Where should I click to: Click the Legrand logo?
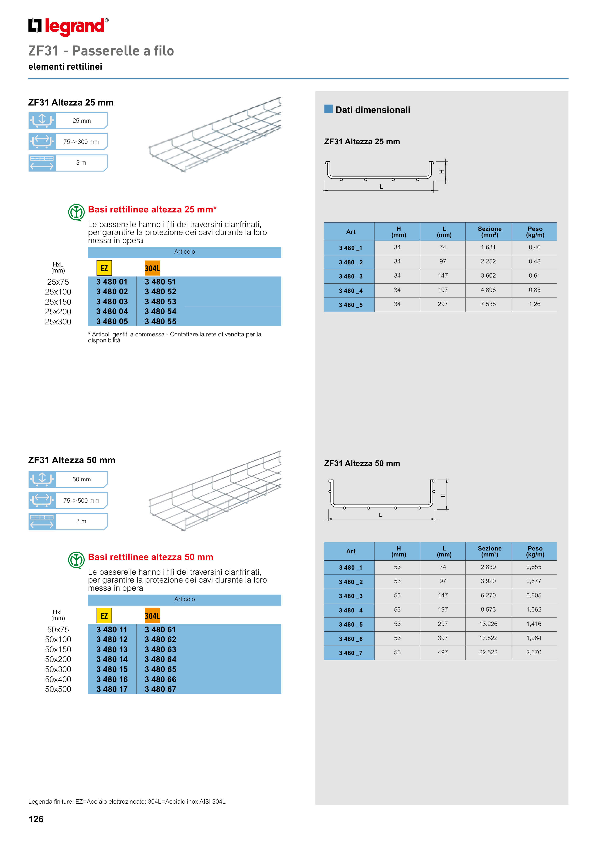click(68, 27)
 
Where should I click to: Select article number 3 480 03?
click(112, 301)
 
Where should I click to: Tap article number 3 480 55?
click(160, 321)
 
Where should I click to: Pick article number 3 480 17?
click(112, 689)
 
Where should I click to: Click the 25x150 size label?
click(58, 302)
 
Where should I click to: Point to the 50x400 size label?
click(58, 679)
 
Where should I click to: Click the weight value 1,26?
click(534, 304)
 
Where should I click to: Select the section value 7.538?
click(488, 304)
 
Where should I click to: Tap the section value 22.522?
click(488, 652)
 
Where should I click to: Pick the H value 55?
click(397, 652)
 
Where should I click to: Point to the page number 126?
click(36, 819)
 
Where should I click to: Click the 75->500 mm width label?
click(81, 500)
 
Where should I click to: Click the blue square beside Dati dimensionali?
click(329, 109)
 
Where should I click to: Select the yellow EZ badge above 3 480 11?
click(104, 616)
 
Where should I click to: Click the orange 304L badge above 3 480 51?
click(152, 268)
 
